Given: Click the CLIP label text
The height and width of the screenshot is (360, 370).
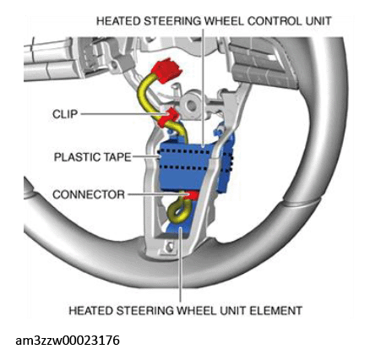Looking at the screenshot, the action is click(65, 114).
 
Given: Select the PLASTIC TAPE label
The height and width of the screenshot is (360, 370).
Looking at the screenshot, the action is click(93, 157).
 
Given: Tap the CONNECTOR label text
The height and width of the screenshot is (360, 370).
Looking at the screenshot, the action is click(89, 194).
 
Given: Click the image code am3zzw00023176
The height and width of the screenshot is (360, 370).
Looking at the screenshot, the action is click(68, 341).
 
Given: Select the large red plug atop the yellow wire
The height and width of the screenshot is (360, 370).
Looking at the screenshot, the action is click(166, 70).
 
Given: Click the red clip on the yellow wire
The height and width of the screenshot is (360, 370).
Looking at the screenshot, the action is click(168, 118).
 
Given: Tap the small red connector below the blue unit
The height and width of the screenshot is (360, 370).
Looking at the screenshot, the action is click(192, 195).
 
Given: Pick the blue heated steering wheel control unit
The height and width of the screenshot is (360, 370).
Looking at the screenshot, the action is click(194, 166).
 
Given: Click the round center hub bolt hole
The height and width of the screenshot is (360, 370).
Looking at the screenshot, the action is click(193, 105).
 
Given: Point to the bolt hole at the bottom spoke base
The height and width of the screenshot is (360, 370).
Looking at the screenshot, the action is click(169, 247).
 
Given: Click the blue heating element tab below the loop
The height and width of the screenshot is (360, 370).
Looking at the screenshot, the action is click(176, 229).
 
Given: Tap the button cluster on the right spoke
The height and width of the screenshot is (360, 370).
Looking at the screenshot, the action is click(260, 65).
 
